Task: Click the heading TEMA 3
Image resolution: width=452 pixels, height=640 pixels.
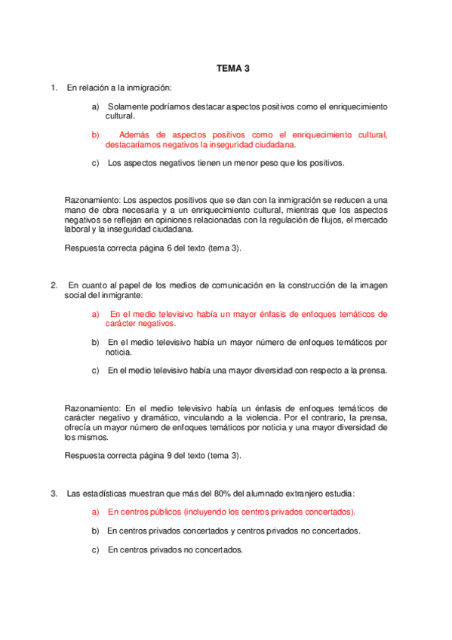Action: point(233,68)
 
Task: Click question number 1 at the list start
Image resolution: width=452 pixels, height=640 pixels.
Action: point(54,88)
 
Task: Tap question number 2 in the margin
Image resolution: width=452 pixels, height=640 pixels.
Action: point(54,285)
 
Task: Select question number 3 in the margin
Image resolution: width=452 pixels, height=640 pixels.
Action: point(54,494)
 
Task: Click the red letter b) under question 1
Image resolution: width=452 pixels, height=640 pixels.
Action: point(95,135)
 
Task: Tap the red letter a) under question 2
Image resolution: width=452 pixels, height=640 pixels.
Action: point(95,313)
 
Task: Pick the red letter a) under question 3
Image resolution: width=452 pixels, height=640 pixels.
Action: point(95,512)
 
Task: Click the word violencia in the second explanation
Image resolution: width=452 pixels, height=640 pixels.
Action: point(296,417)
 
